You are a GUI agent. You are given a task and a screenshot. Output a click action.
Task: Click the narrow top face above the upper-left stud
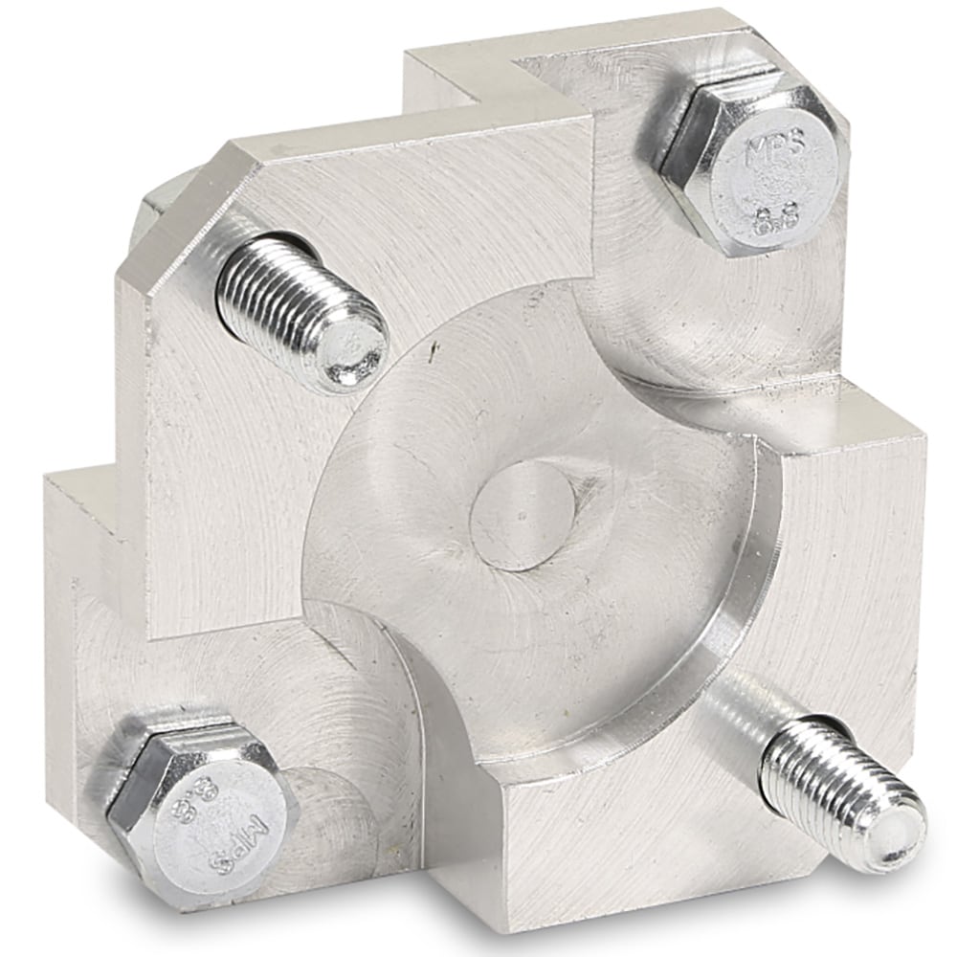click(x=402, y=134)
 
